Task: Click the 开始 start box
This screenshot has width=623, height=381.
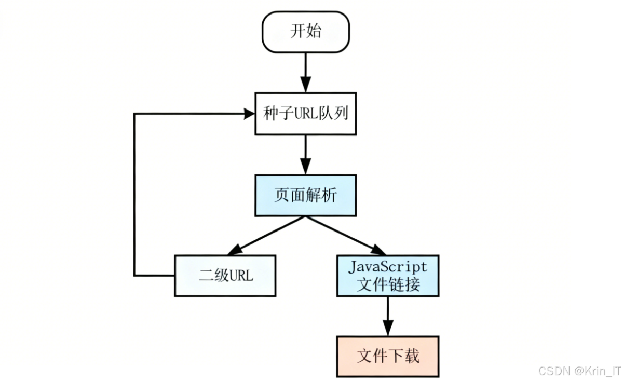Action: pyautogui.click(x=305, y=32)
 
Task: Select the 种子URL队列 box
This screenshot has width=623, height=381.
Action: pyautogui.click(x=305, y=114)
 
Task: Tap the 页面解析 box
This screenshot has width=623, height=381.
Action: pyautogui.click(x=305, y=195)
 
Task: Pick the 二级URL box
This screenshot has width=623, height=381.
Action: pyautogui.click(x=225, y=276)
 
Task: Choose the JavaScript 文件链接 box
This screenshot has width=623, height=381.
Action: pyautogui.click(x=387, y=276)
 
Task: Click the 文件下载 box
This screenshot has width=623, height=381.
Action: pyautogui.click(x=387, y=356)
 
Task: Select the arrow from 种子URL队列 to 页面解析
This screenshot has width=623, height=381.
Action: pyautogui.click(x=305, y=154)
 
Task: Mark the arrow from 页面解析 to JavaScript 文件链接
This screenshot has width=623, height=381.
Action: pyautogui.click(x=345, y=235)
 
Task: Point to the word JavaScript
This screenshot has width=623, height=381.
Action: pyautogui.click(x=387, y=267)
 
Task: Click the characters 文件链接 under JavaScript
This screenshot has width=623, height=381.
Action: pyautogui.click(x=387, y=284)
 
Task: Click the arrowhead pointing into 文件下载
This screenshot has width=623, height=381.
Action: pyautogui.click(x=387, y=329)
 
